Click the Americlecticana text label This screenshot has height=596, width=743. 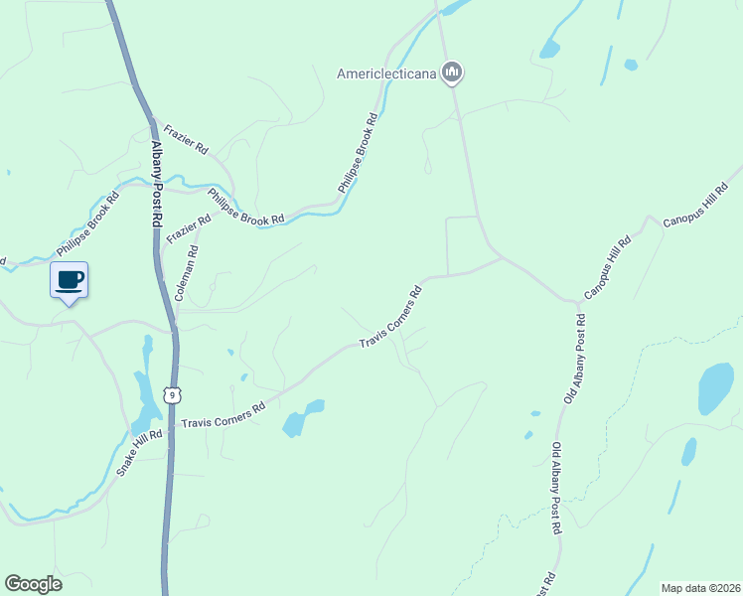coord(388,73)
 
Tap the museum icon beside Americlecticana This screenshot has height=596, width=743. coord(453,72)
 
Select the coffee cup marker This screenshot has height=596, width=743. coord(69,280)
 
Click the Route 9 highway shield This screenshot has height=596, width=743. coord(173,394)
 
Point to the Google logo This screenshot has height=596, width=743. coord(33,584)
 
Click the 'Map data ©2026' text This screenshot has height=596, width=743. coord(699,587)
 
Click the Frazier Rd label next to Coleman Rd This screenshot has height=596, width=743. coord(190,231)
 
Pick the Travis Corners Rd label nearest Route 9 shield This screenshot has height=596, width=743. coord(223,415)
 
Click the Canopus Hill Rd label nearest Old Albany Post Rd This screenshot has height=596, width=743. coord(607,268)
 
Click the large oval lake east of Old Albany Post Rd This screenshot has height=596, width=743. coord(715,387)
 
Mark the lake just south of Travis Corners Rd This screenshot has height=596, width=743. coord(302,419)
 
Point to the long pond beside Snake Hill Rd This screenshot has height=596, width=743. coord(147,392)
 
